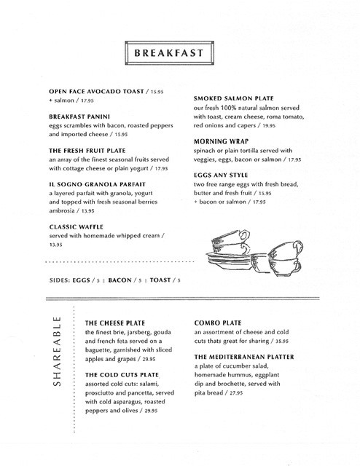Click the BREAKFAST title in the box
(x=173, y=55)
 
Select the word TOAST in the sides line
(x=164, y=279)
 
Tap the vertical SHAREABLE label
(x=60, y=355)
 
